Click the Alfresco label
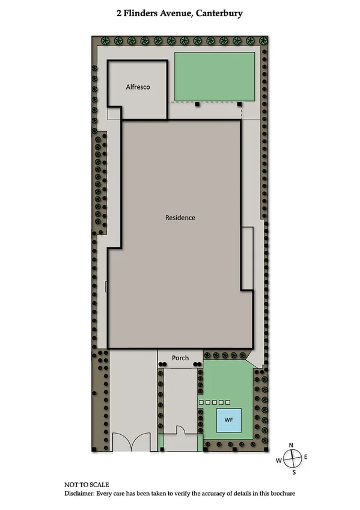[x=138, y=87]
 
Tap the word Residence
[x=180, y=218]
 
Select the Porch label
[x=180, y=358]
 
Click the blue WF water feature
[x=228, y=419]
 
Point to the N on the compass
[x=291, y=445]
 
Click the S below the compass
[x=293, y=473]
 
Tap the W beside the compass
[x=278, y=461]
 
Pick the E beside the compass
[x=306, y=457]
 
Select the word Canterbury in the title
[x=214, y=12]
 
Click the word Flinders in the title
[x=142, y=12]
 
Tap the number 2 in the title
[x=119, y=12]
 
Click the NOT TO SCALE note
[x=87, y=484]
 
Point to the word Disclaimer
[x=83, y=493]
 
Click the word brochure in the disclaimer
[x=280, y=493]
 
